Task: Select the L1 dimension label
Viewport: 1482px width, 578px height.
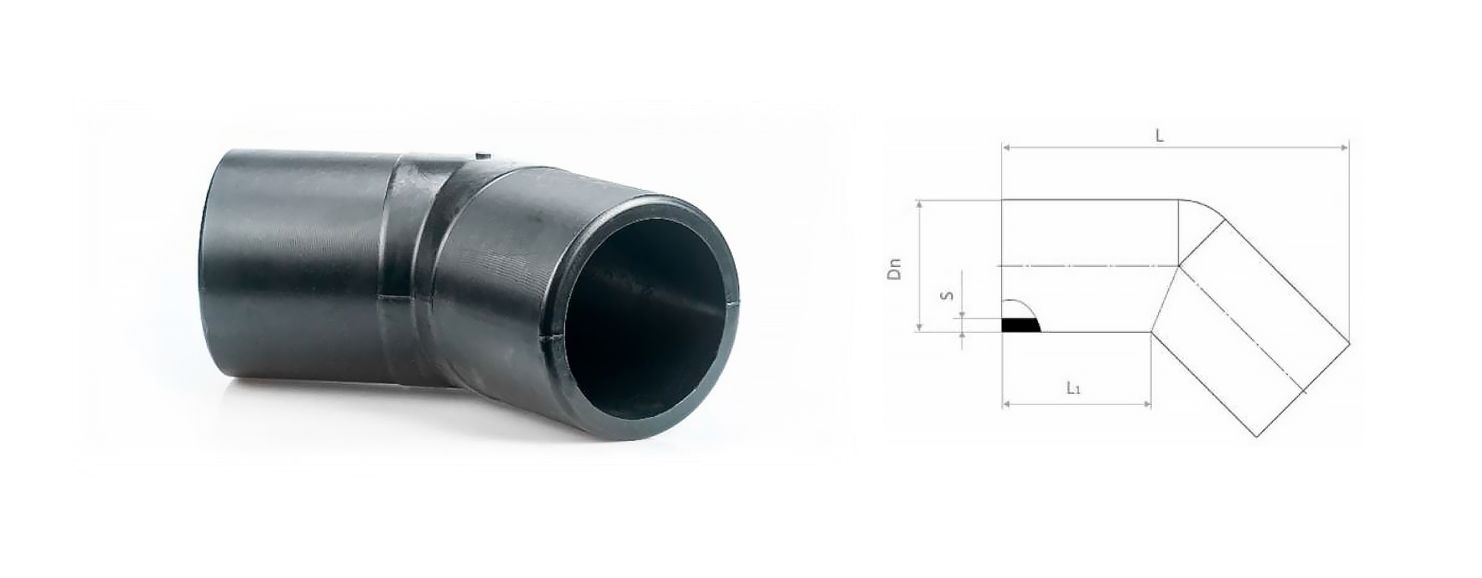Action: click(1074, 389)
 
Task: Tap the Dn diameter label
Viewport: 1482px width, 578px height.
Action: click(894, 268)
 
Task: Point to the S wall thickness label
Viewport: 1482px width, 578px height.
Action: click(947, 295)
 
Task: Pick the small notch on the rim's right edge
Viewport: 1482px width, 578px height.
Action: click(734, 303)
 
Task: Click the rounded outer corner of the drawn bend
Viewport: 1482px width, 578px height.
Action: click(1202, 206)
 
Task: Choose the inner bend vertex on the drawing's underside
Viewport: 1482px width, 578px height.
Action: click(1151, 331)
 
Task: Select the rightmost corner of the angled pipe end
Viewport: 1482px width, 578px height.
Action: click(1349, 344)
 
